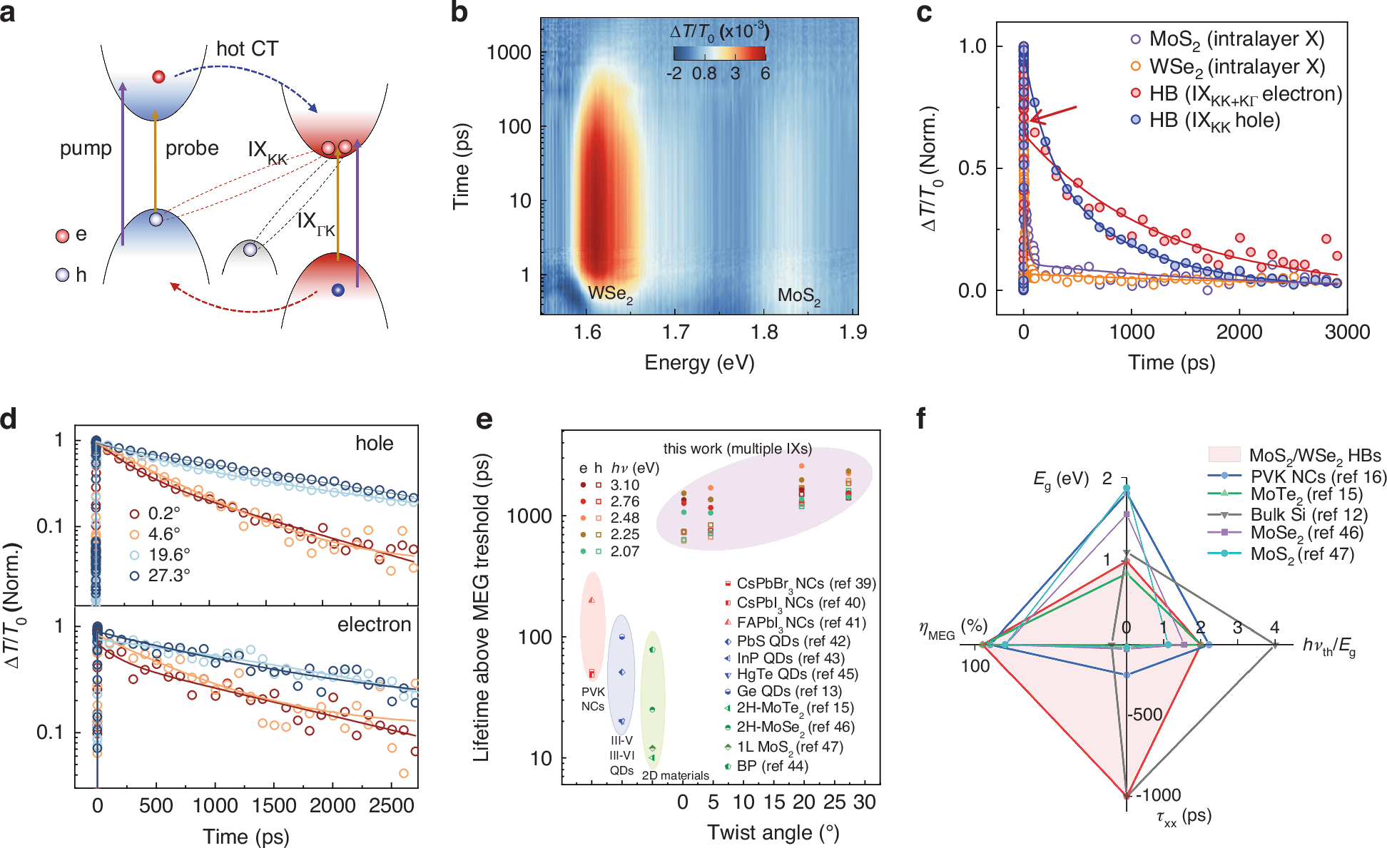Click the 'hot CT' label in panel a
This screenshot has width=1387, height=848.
[247, 48]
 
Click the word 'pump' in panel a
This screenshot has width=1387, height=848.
[86, 148]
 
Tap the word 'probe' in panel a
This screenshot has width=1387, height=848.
[192, 148]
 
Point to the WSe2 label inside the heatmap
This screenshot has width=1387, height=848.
[610, 294]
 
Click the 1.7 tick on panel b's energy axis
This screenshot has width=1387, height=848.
[676, 332]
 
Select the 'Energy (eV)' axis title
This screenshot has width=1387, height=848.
[699, 362]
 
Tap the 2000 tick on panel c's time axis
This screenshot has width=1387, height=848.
[1239, 332]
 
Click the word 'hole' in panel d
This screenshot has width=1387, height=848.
[374, 443]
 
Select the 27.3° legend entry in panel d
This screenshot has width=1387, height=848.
[168, 575]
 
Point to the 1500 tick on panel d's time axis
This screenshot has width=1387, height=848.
[274, 806]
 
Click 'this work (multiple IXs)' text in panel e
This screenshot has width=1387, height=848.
[737, 449]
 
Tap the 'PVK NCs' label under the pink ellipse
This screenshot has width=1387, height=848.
[593, 699]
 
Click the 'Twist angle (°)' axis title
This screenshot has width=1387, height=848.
[773, 832]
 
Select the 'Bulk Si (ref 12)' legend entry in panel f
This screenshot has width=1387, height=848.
[1308, 514]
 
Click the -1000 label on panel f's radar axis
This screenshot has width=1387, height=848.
[1157, 794]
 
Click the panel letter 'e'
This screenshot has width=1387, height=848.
[484, 419]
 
